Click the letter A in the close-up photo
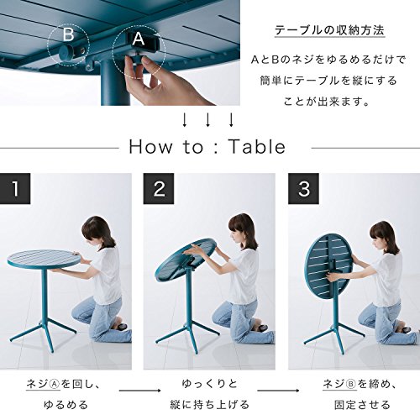click(139, 39)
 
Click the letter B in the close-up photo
click(68, 34)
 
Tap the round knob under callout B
click(66, 52)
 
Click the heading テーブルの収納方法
click(329, 30)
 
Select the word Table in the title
click(257, 147)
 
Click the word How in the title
click(150, 147)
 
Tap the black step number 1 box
click(15, 188)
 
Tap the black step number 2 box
click(159, 188)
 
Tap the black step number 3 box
click(303, 188)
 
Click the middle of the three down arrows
click(207, 120)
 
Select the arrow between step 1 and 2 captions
click(140, 391)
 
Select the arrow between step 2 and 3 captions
click(278, 391)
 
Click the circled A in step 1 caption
click(55, 384)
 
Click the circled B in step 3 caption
click(351, 384)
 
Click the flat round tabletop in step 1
click(44, 259)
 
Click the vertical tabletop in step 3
click(328, 267)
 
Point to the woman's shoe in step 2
click(261, 327)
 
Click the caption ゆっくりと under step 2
click(209, 384)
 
